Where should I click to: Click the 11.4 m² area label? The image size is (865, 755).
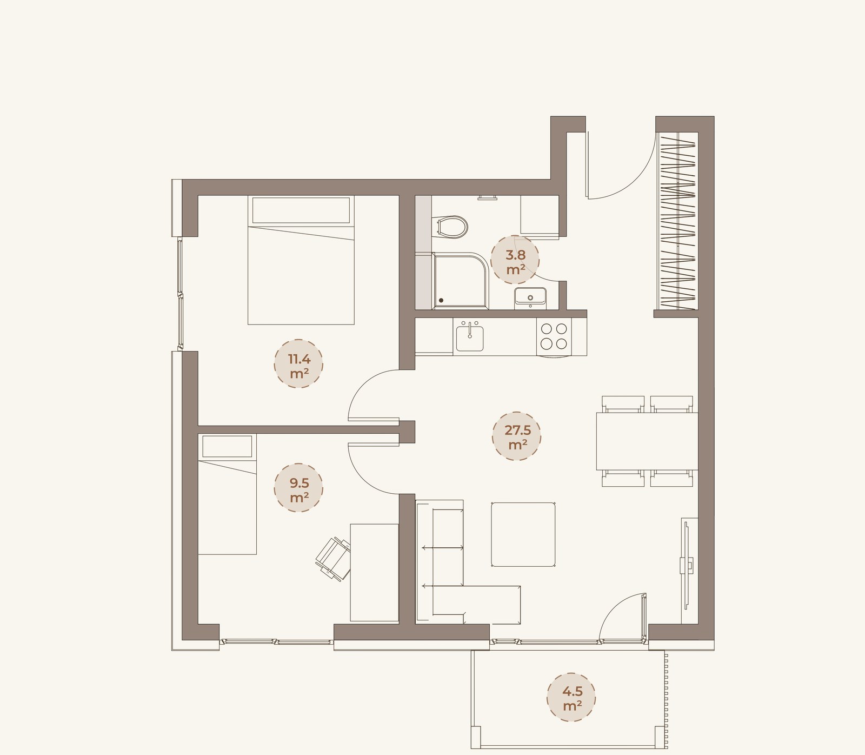298,364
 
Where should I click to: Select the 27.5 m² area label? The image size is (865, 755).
517,436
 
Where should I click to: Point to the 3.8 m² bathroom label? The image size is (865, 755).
515,260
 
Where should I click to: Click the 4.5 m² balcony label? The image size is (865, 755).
571,698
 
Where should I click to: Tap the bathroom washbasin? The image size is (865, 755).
530,297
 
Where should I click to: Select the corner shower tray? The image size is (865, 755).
461,281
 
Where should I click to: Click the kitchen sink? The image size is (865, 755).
470,336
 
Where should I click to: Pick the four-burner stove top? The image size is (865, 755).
554,336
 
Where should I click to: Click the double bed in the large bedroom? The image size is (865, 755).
301,260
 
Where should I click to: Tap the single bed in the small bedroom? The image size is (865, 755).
227,494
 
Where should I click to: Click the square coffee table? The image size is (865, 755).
523,534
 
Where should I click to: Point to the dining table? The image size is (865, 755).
647,441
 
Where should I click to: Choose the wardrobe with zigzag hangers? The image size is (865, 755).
676,221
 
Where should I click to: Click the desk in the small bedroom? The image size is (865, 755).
374,573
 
